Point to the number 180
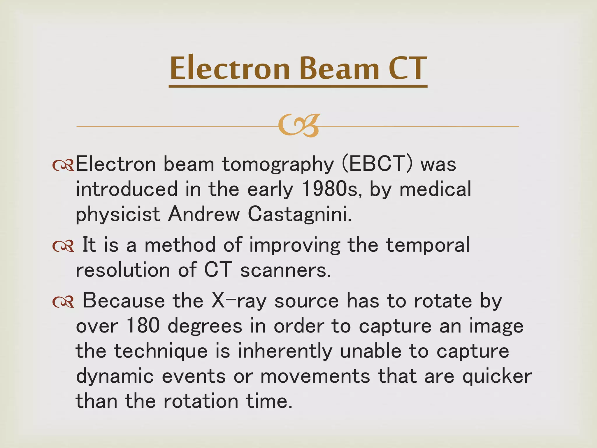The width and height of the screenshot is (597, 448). (143, 326)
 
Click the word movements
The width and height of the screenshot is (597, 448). (315, 376)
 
